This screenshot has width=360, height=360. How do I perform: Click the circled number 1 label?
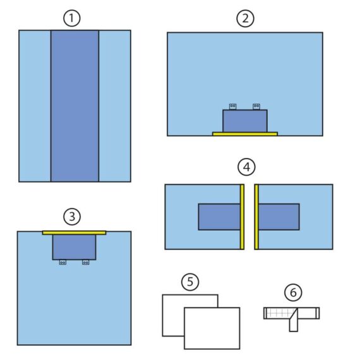point(72,18)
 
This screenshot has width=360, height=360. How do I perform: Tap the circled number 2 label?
point(246,18)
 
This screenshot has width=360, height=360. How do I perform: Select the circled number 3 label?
point(72,217)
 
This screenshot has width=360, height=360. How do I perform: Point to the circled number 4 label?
point(246,167)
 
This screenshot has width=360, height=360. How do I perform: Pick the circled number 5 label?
point(190,282)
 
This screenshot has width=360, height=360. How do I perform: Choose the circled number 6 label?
point(293,292)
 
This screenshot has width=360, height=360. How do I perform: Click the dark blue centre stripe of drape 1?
point(75,106)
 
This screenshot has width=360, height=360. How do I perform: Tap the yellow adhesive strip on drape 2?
point(245,134)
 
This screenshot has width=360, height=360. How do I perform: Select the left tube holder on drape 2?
point(233,107)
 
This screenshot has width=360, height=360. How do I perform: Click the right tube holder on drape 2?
point(256,107)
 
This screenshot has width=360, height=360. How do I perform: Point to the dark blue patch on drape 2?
point(245,121)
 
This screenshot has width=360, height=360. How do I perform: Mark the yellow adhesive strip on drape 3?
point(74,233)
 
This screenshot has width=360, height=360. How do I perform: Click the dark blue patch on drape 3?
point(74,248)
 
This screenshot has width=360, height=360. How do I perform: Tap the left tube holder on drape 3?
point(63,262)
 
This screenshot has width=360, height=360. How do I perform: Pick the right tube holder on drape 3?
point(86,262)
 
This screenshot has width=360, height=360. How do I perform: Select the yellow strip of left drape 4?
point(242,217)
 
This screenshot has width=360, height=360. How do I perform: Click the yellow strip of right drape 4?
point(256,217)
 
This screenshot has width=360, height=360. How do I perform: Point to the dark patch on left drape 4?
point(219,217)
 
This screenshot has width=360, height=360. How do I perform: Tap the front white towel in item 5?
point(212,328)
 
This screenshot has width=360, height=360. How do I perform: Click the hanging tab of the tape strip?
point(294,323)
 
